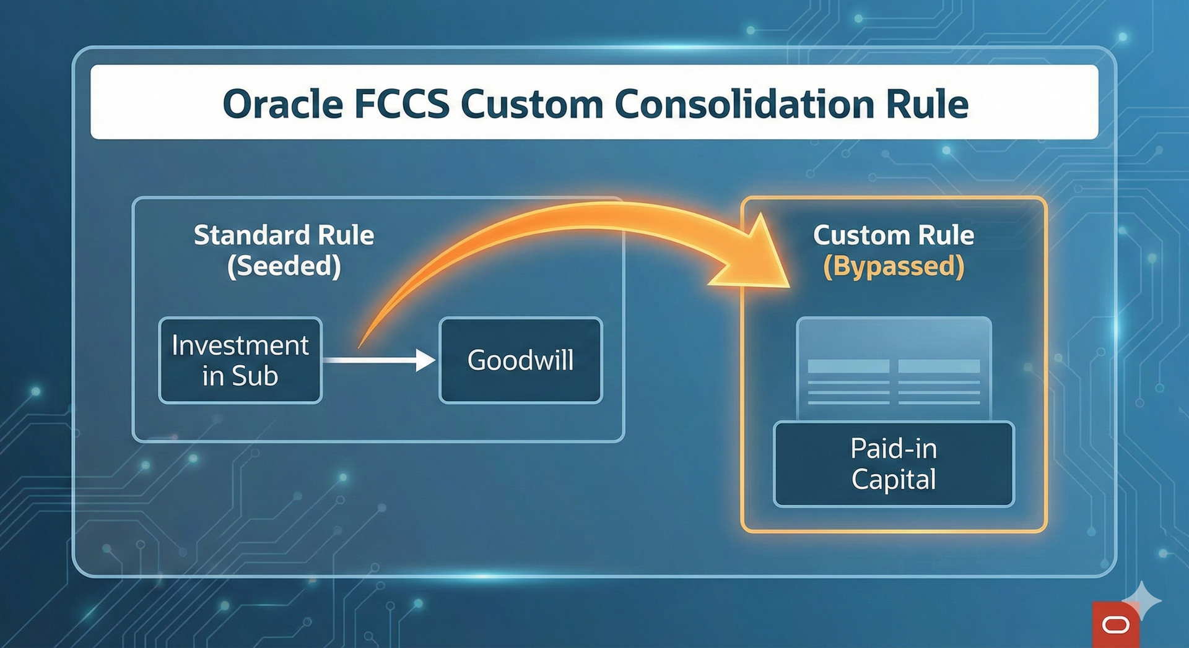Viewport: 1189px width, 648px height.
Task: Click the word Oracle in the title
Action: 282,104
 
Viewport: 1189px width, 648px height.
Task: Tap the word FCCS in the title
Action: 401,104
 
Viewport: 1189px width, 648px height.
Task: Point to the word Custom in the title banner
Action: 531,104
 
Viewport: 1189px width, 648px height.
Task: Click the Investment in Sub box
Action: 240,360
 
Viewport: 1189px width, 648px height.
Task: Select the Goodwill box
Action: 520,360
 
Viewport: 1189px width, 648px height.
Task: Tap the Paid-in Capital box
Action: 894,464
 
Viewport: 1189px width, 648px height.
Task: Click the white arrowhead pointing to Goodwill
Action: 425,360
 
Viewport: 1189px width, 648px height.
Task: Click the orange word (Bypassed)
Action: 894,266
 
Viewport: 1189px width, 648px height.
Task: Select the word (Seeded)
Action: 284,266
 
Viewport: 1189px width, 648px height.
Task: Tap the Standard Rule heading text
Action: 284,235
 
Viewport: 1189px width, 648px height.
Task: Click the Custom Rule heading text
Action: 894,235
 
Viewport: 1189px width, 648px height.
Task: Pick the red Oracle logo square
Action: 1115,625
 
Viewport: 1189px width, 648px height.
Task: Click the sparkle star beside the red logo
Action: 1143,599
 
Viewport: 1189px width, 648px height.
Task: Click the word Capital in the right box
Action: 894,480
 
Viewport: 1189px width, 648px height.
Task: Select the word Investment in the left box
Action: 240,345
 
